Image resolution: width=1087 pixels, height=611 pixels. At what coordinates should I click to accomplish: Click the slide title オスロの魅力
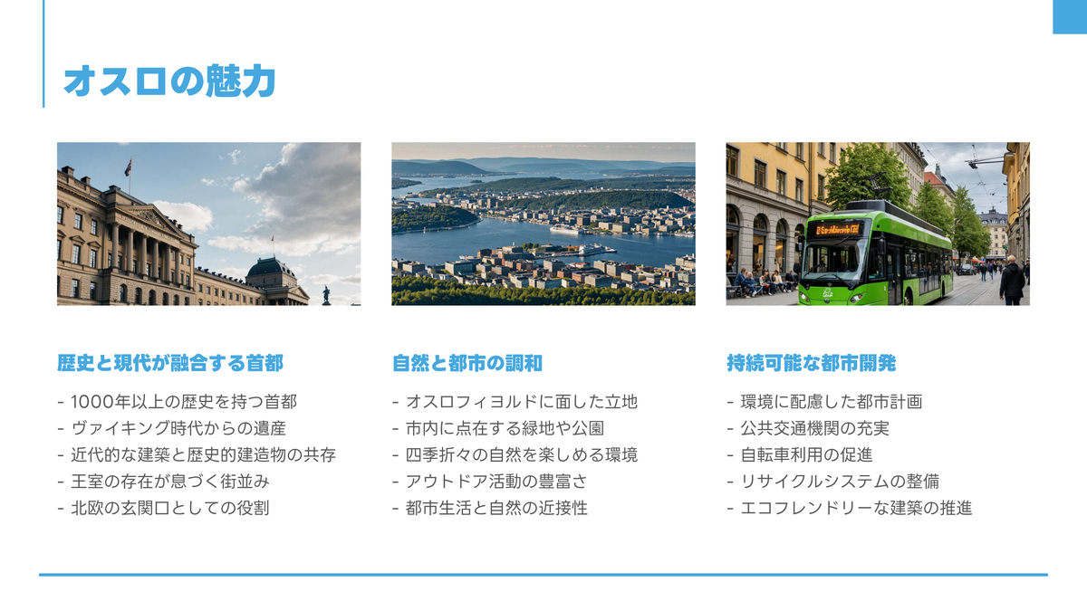170,81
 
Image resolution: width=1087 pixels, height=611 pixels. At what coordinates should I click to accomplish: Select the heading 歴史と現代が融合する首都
170,363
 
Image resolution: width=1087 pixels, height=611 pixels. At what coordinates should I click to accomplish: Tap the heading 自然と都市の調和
467,363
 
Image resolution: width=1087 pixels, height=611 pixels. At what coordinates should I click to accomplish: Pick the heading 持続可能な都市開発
812,363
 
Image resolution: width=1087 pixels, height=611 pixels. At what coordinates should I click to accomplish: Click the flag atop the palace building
128,167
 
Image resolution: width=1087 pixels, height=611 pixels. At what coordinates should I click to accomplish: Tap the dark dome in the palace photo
271,268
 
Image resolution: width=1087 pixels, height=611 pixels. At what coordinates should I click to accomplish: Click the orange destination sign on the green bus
838,229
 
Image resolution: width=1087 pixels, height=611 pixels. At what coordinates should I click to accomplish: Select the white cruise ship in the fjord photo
566,230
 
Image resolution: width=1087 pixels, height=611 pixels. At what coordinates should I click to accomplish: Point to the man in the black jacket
1012,281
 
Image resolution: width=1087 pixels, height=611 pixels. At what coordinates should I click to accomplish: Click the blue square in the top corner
1070,16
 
